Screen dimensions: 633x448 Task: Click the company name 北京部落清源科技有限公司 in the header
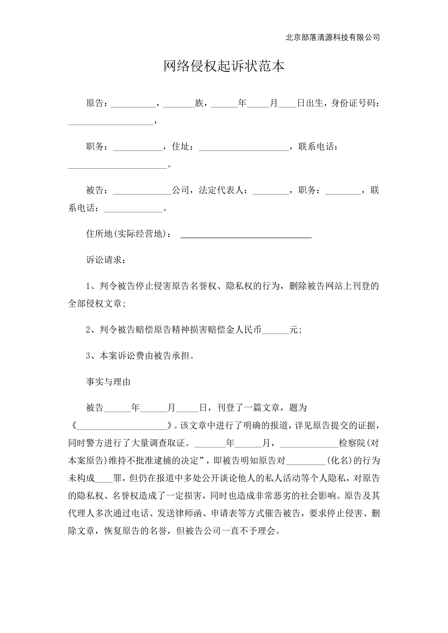tap(332, 37)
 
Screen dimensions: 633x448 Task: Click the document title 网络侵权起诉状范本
tap(224, 66)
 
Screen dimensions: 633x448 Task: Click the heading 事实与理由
tap(108, 382)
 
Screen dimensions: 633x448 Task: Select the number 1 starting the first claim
tap(88, 286)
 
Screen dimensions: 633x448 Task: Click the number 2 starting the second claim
tap(88, 330)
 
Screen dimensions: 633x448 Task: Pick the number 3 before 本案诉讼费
tap(88, 356)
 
